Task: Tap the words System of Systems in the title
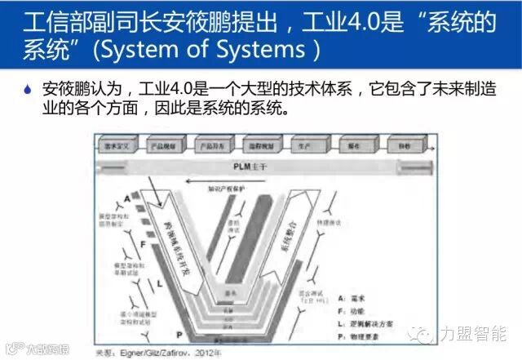click(x=207, y=51)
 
